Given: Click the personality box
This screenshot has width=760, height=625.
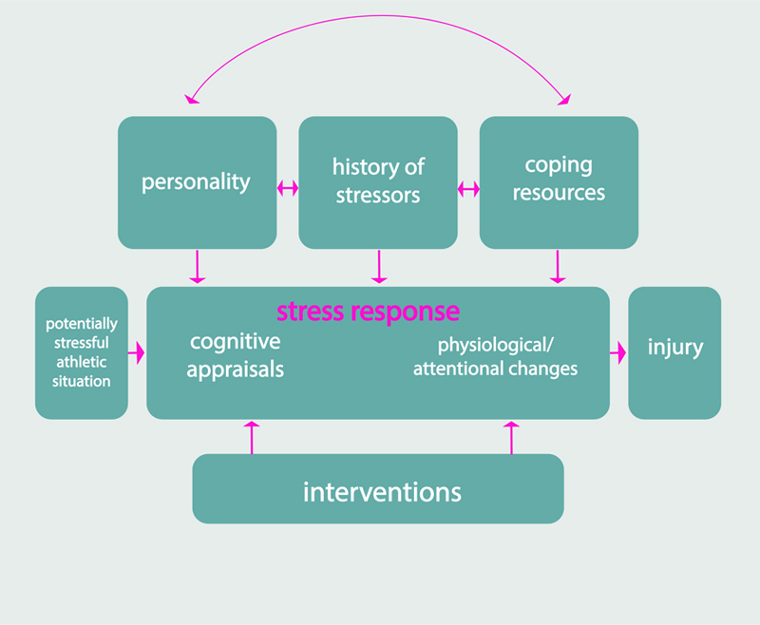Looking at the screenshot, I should (x=197, y=182).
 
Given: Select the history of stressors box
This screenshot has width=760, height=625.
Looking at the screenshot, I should (x=378, y=182).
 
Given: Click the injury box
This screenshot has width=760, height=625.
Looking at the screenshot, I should (x=674, y=352).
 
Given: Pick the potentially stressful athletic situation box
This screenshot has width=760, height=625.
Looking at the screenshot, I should (x=81, y=352).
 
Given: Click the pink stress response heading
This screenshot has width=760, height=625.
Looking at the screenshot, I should (x=368, y=312).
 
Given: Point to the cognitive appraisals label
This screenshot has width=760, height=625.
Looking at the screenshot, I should (x=235, y=355).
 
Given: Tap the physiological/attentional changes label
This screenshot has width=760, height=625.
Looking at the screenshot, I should (x=495, y=357).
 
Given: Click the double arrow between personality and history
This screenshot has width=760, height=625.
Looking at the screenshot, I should (x=287, y=190).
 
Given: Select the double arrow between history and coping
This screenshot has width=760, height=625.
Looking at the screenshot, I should (x=468, y=190).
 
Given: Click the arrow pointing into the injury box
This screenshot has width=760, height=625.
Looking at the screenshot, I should (x=618, y=352).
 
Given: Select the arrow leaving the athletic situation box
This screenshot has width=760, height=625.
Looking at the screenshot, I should (x=137, y=352).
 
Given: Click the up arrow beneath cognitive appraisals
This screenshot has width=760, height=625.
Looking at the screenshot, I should (x=252, y=436).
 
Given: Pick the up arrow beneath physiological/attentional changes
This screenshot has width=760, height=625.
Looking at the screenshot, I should (x=512, y=436).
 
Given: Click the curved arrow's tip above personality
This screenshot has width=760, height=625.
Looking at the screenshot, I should (x=191, y=99).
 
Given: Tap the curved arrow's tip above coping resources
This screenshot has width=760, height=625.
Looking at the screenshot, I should (x=566, y=99).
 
